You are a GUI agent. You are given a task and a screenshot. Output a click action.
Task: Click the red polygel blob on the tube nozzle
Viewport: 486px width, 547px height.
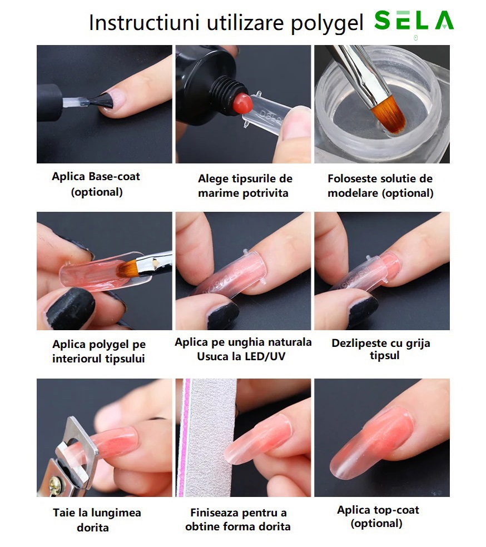(243, 103)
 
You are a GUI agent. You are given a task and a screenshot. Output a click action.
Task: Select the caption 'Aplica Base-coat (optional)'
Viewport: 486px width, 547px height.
(96, 184)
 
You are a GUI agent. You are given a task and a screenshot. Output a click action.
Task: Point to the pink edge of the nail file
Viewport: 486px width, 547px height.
(185, 438)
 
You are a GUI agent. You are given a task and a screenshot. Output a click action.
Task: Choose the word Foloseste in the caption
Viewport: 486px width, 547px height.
(353, 178)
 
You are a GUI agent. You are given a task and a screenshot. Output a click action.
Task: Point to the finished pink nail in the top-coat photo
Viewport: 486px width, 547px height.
(371, 441)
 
